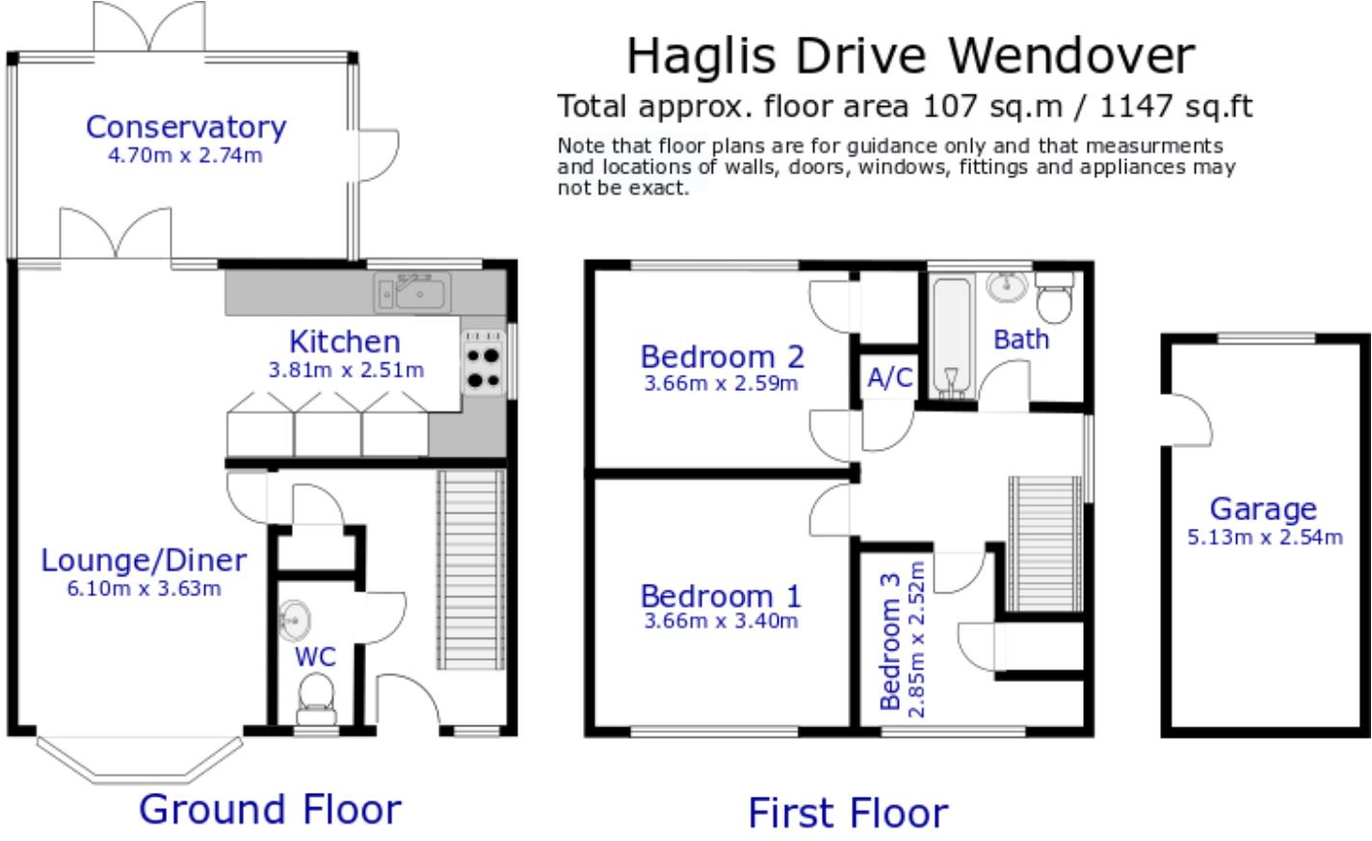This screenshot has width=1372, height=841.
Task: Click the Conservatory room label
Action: click(186, 127)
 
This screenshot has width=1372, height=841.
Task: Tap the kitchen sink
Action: click(412, 294)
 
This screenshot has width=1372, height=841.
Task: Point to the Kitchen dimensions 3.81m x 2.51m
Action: click(346, 370)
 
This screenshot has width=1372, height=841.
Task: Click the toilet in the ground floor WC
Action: click(316, 699)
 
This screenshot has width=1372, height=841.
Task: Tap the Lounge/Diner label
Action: click(144, 560)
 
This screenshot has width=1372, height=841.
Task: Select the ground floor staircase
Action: click(471, 569)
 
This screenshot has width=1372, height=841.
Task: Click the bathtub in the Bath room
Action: click(951, 336)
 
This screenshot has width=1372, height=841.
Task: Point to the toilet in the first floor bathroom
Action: click(1054, 297)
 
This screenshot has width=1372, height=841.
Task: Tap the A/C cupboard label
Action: click(890, 378)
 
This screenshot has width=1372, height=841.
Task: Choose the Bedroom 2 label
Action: click(723, 356)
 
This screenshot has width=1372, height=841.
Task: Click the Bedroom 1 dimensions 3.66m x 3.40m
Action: click(721, 621)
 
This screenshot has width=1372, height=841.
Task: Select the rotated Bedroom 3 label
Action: click(890, 642)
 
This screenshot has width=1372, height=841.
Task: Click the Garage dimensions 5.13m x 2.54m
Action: click(1265, 538)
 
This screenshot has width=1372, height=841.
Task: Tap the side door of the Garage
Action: click(1188, 420)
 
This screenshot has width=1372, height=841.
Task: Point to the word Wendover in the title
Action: click(1071, 56)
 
